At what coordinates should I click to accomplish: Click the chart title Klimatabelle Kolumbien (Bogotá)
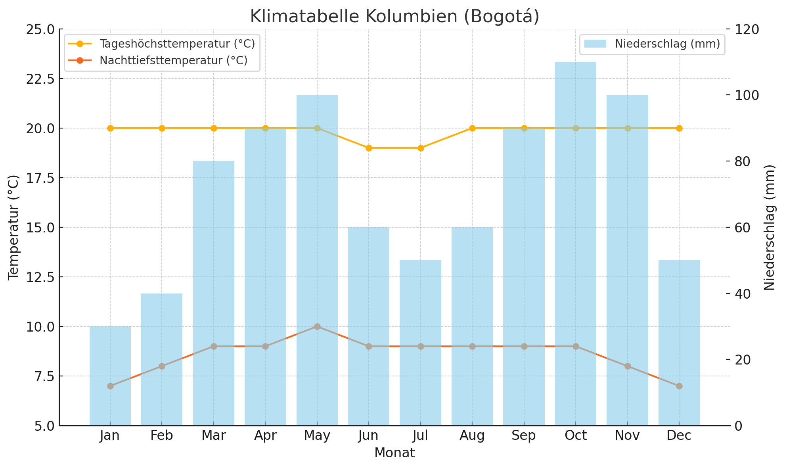tap(394, 17)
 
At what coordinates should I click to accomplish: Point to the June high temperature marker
tap(369, 148)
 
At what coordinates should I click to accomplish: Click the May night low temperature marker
tap(317, 326)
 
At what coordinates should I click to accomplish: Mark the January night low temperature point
tap(110, 386)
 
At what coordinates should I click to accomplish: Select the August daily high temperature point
tap(472, 128)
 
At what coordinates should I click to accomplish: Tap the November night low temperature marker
tap(628, 366)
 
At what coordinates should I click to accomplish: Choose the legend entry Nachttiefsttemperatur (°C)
tap(173, 60)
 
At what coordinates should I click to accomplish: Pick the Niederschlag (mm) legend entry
tap(667, 44)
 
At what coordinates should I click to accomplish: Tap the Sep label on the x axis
tap(524, 435)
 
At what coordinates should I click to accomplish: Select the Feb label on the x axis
tap(162, 435)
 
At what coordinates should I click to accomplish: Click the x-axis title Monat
tap(394, 453)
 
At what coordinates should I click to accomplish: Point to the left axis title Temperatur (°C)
tap(13, 227)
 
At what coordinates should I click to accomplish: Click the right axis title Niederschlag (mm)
tap(769, 227)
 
